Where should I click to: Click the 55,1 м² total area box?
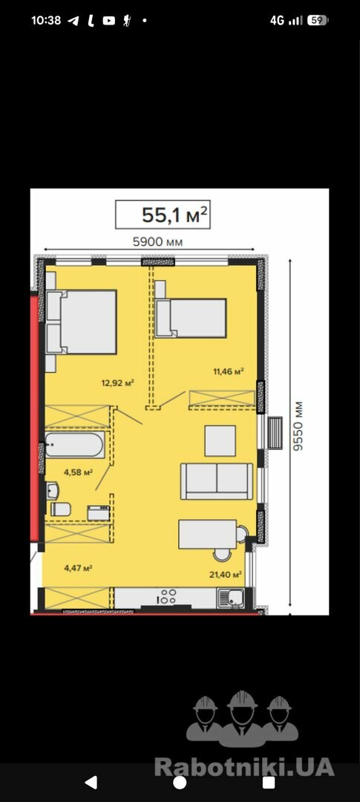coord(163,215)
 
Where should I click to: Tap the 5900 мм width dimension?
coord(157,241)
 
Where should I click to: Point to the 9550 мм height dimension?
coord(298,426)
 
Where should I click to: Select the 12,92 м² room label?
coord(117,382)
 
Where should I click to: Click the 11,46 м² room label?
coord(228,371)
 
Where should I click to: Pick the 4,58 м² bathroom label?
coord(78,472)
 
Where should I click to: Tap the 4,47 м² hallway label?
coord(78,567)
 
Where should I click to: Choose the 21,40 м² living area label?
coord(226,574)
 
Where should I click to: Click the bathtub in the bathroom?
coord(75,445)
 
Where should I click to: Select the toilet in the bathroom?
coord(60,509)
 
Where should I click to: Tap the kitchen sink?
coord(231,597)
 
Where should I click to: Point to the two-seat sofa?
coord(217,480)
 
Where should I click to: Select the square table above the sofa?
coord(220,440)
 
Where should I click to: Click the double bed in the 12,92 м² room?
coord(82,322)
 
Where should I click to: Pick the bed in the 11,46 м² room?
coord(191,318)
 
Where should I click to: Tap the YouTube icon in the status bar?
coord(109,21)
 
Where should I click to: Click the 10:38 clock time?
coord(46,21)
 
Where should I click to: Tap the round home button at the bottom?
coord(180,783)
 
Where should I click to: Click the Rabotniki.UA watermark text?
coord(244,767)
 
